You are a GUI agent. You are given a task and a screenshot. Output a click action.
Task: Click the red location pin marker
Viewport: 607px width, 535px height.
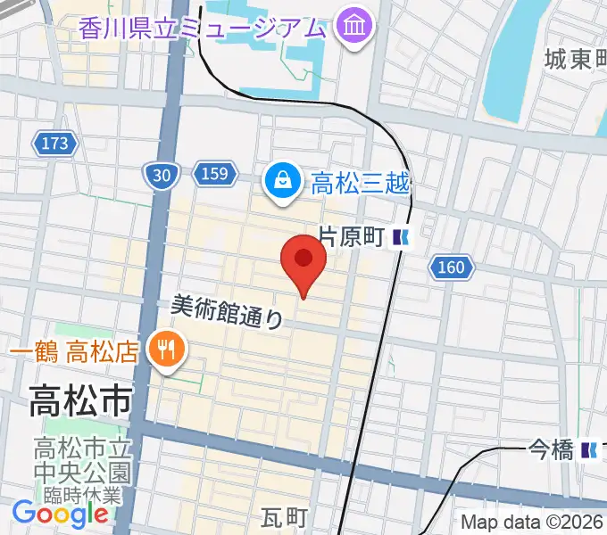click(303, 261)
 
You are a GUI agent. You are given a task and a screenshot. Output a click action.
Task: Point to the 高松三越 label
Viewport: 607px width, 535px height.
click(360, 185)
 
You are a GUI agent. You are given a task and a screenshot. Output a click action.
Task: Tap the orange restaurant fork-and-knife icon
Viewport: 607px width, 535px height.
click(165, 348)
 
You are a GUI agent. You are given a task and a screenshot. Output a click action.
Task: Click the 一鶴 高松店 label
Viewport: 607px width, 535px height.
click(74, 349)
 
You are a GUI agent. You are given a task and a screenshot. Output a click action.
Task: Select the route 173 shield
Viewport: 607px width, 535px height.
click(54, 143)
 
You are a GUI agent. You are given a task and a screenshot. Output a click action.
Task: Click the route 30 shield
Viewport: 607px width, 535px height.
click(161, 175)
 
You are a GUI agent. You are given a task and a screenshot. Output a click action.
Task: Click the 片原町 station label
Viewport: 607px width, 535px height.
click(351, 237)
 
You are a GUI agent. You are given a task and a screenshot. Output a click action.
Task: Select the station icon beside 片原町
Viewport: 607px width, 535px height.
click(403, 237)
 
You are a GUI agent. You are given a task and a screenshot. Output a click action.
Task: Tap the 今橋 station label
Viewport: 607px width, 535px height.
click(550, 450)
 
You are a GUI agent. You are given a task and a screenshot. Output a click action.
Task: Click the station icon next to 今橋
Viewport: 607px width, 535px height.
click(590, 450)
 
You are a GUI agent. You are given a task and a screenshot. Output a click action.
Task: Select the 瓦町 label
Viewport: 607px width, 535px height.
click(284, 518)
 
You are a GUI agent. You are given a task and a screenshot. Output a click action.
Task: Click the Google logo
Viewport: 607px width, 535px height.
click(60, 514)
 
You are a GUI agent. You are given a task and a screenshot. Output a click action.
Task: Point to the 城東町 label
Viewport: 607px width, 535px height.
click(576, 60)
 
